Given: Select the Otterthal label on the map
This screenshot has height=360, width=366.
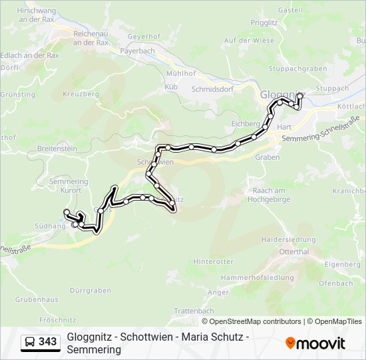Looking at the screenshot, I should pyautogui.click(x=294, y=252).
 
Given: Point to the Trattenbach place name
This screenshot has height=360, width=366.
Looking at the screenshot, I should pyautogui.click(x=194, y=311).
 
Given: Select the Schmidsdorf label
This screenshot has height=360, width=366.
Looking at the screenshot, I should pyautogui.click(x=212, y=88).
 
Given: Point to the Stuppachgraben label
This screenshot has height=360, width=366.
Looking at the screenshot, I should pyautogui.click(x=297, y=69).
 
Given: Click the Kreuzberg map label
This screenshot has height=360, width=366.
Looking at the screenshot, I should pyautogui.click(x=81, y=95).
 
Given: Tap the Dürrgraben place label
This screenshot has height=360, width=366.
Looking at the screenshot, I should pyautogui.click(x=90, y=291).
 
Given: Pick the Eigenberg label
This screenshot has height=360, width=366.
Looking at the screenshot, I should pyautogui.click(x=341, y=265).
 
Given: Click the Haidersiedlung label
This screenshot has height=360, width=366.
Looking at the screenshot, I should pyautogui.click(x=288, y=239).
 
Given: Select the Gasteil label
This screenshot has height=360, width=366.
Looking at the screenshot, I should pyautogui.click(x=290, y=10).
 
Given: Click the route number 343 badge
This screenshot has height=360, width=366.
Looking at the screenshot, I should pyautogui.click(x=48, y=342).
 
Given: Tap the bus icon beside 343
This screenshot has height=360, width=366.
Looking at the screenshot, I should pyautogui.click(x=30, y=342).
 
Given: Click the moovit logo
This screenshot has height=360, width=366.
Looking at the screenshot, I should pyautogui.click(x=315, y=343).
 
